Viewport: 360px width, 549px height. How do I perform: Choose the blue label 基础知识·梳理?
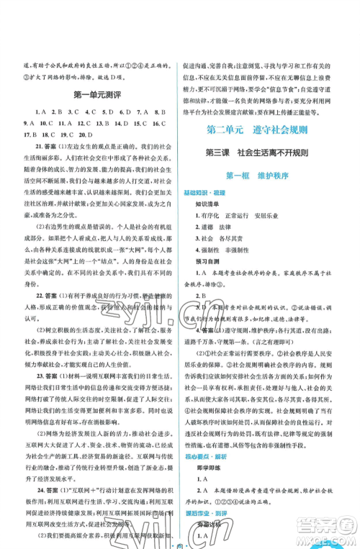click(x=209, y=196)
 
